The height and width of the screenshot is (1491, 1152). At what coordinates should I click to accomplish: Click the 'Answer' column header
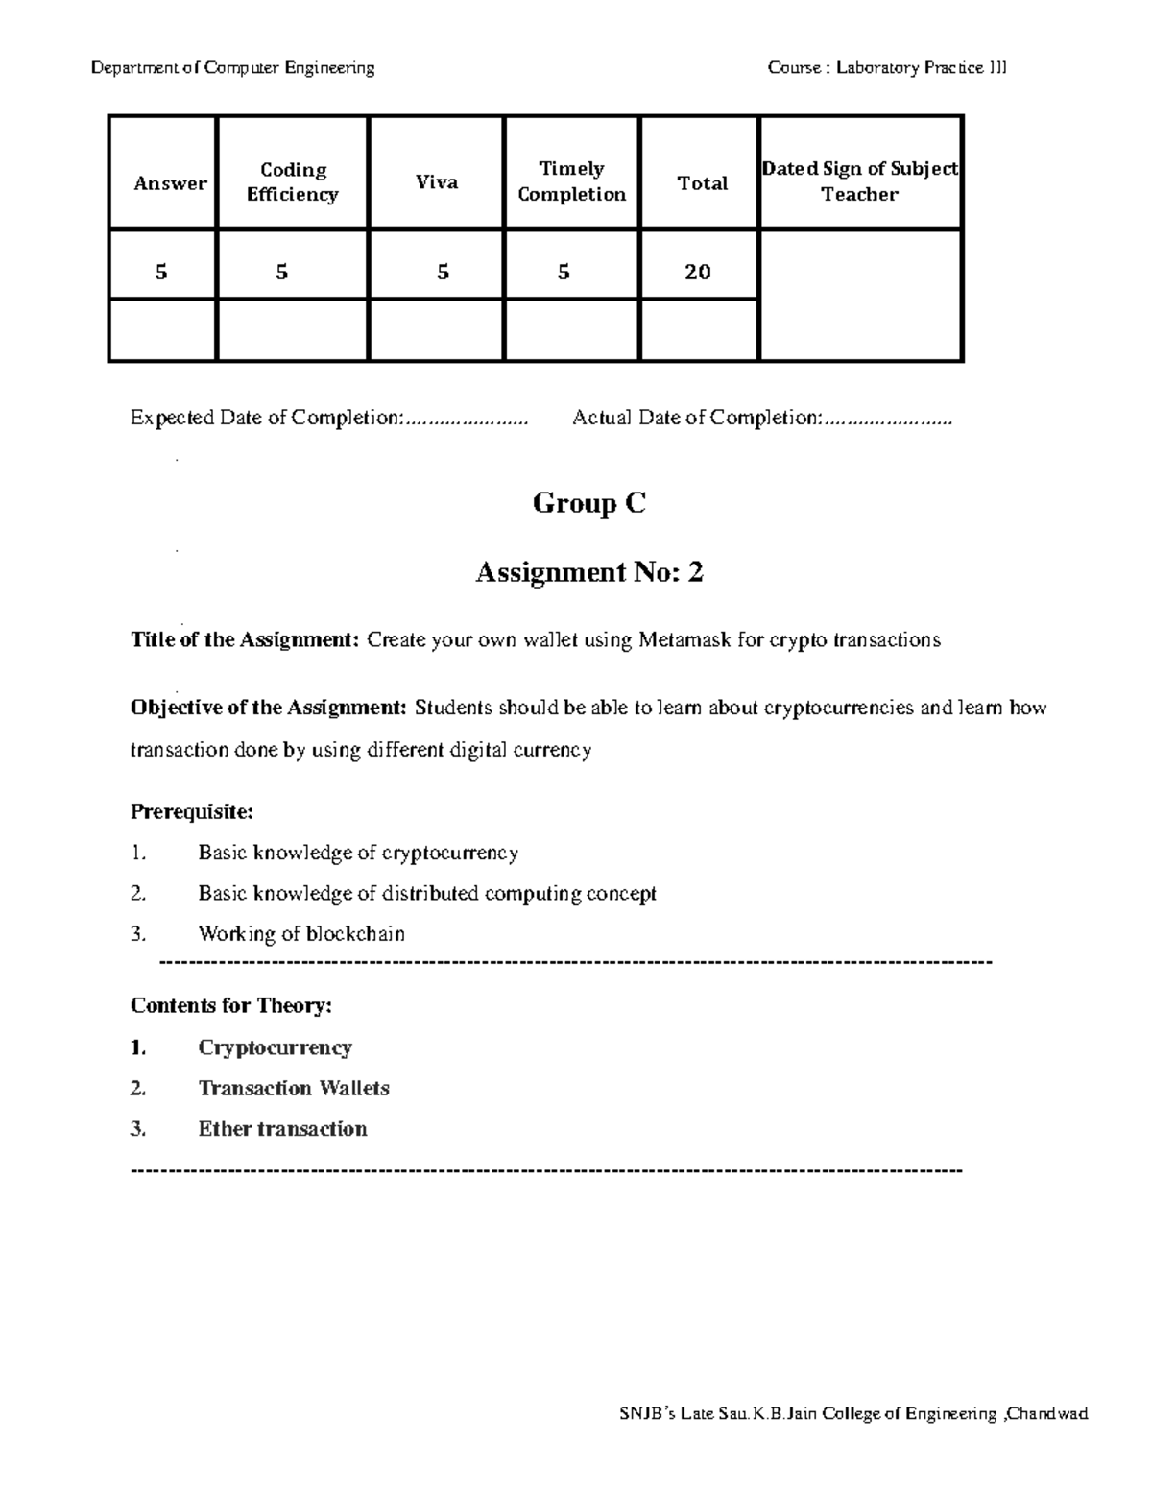click(170, 183)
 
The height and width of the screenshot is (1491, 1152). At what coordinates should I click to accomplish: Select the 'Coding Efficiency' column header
click(293, 182)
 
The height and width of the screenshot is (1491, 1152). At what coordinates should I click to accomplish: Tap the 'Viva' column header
click(437, 182)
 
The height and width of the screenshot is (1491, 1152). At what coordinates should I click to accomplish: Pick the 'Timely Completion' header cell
click(571, 181)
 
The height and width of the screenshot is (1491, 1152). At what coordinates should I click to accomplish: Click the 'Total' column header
click(703, 183)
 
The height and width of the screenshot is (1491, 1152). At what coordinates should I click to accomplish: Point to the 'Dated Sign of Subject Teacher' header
click(859, 181)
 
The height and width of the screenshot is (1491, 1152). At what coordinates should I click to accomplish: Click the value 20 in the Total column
click(698, 273)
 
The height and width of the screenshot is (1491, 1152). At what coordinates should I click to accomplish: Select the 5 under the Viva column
click(443, 273)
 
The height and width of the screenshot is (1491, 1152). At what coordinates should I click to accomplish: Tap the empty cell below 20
click(698, 330)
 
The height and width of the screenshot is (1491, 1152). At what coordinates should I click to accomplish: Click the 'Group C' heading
click(588, 503)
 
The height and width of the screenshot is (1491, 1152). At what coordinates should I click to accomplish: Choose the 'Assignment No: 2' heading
click(589, 573)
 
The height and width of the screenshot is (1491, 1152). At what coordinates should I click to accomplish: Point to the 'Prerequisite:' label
click(192, 812)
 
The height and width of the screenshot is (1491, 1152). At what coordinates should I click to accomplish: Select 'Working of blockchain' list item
click(301, 934)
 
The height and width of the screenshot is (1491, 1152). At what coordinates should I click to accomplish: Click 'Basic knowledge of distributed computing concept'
click(427, 894)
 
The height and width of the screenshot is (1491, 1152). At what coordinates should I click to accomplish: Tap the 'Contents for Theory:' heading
click(231, 1006)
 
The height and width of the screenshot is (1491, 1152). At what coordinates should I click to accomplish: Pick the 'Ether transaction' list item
click(282, 1129)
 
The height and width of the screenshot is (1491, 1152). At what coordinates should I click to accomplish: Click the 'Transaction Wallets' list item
click(294, 1089)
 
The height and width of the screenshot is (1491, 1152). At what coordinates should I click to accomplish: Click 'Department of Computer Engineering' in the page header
click(232, 68)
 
